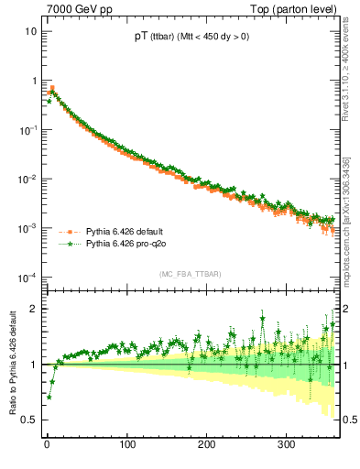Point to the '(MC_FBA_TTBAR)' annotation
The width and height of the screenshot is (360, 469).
190,274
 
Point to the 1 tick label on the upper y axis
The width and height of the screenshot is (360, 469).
33,81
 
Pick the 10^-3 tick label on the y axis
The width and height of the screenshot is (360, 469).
27,227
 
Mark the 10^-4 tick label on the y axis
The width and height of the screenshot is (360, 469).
27,277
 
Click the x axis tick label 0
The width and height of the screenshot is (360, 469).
46,444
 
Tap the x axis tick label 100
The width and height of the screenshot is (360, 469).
126,444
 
